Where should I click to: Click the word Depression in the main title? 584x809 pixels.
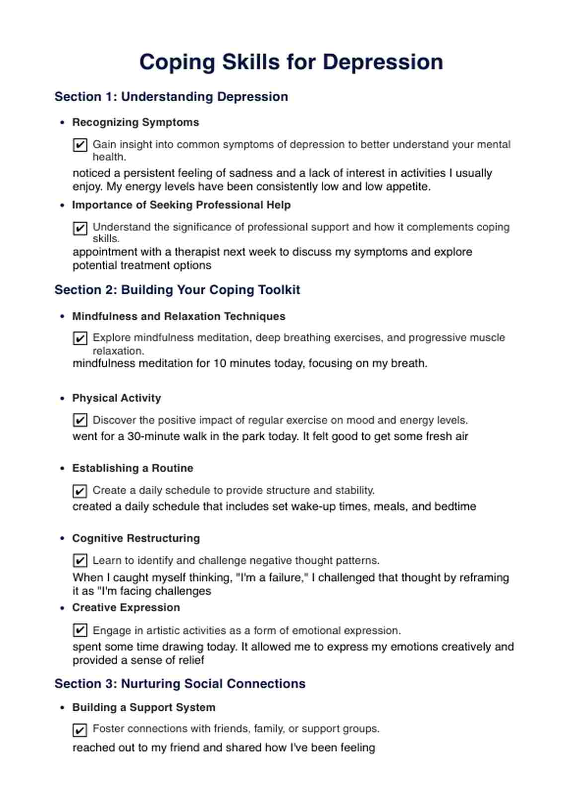(382, 63)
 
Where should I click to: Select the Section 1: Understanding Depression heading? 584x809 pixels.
(171, 97)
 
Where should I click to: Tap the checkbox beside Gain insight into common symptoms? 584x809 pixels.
(80, 145)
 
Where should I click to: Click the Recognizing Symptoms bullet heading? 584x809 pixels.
(135, 122)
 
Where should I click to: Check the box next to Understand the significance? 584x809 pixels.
(80, 228)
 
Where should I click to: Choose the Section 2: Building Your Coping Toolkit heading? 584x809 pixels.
(177, 290)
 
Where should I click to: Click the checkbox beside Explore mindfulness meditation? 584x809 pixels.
(80, 338)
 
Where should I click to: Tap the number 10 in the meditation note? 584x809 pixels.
(219, 364)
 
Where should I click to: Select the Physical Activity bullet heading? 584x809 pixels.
(116, 398)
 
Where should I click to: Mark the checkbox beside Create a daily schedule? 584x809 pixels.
(80, 491)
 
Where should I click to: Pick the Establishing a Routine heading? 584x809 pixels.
(133, 468)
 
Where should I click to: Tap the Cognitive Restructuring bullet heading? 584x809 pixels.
(136, 539)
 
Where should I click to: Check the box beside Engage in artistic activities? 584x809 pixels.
(80, 630)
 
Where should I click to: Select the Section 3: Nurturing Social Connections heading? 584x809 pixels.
(180, 684)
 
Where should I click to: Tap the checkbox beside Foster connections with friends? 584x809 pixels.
(80, 730)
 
